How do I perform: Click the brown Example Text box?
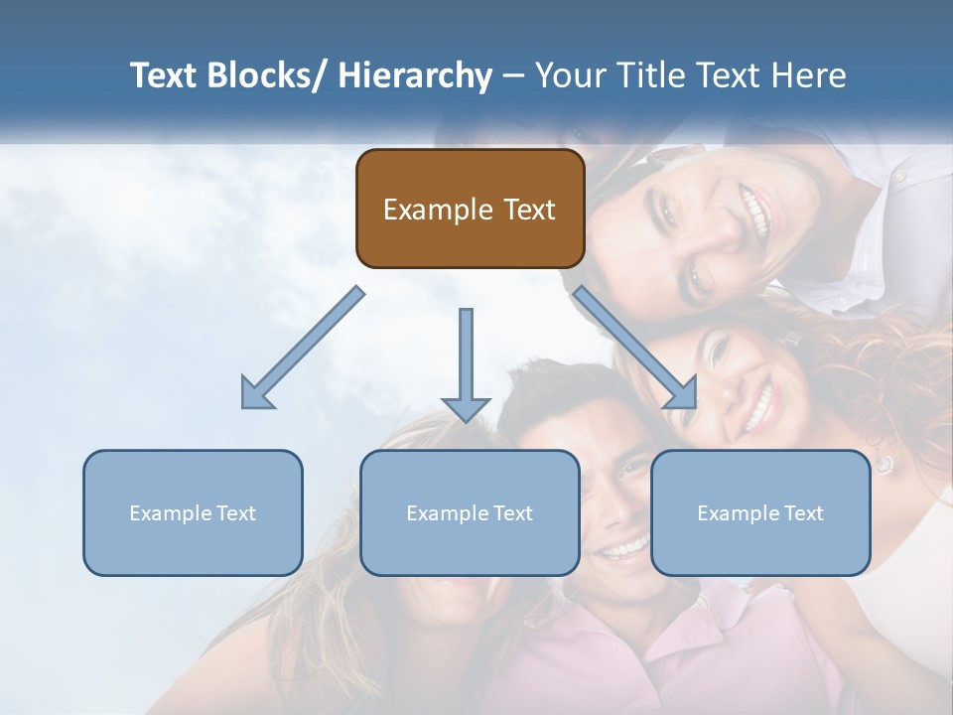(x=470, y=209)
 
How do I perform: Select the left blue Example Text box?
(x=193, y=512)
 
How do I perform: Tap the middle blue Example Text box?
(x=470, y=512)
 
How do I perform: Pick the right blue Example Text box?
(x=760, y=512)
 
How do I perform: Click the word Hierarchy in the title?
(x=415, y=75)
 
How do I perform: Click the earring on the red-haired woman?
(x=883, y=463)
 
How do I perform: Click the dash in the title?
(x=513, y=75)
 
